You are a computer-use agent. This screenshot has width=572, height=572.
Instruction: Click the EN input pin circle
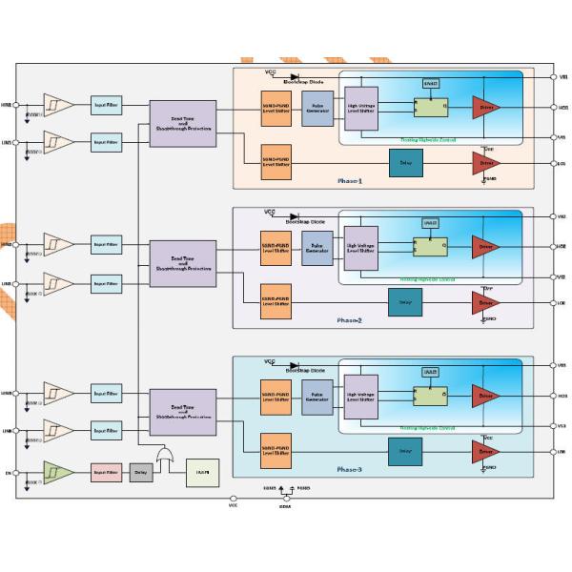click(16, 471)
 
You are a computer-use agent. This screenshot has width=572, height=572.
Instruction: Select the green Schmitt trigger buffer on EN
click(57, 471)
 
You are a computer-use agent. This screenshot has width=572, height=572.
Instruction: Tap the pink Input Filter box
click(107, 471)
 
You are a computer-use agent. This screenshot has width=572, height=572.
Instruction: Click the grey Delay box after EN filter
click(141, 471)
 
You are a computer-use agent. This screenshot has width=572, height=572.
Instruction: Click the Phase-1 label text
click(350, 180)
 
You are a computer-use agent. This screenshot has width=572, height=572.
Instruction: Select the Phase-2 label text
click(350, 320)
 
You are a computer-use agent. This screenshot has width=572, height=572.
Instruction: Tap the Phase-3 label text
click(350, 469)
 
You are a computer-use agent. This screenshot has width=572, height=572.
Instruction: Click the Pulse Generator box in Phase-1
click(317, 108)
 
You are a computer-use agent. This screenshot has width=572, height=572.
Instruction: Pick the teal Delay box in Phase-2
click(404, 302)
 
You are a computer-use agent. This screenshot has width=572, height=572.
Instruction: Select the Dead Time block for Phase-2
click(182, 263)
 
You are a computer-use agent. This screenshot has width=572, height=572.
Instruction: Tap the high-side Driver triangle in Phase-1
click(484, 108)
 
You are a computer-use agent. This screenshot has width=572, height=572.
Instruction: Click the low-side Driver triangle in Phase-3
click(484, 451)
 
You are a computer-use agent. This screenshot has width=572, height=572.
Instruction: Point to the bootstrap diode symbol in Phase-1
click(295, 75)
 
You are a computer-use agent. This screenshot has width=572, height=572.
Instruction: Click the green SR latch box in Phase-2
click(429, 248)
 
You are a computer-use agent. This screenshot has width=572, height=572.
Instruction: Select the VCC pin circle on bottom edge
click(234, 498)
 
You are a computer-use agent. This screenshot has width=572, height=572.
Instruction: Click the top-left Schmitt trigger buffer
click(57, 104)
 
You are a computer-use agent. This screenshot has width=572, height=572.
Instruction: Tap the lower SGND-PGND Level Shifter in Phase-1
click(276, 164)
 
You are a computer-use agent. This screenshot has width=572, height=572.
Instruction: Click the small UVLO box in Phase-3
click(430, 372)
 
